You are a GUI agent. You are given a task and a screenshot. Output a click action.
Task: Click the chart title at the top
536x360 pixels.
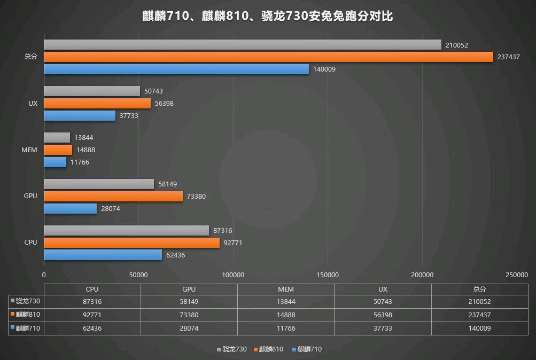tap(268, 17)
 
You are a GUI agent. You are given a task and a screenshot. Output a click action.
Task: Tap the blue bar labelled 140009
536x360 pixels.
tap(176, 69)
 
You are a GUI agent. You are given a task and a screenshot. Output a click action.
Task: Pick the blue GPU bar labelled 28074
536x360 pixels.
tap(70, 209)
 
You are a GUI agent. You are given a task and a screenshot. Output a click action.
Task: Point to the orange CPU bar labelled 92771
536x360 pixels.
tap(131, 243)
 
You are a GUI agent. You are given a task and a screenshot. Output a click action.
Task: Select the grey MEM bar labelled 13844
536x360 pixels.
tap(57, 138)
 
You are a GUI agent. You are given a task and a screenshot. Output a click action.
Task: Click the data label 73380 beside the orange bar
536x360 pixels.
tap(195, 197)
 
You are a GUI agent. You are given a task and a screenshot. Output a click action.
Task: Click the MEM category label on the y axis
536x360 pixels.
tap(29, 150)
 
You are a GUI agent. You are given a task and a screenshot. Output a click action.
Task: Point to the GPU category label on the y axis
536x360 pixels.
tap(30, 196)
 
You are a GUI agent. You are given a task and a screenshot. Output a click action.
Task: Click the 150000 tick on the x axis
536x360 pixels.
tap(328, 275)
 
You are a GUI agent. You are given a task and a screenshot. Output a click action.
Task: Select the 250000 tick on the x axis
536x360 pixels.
tap(517, 275)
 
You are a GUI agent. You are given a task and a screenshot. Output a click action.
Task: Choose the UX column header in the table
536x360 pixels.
tap(383, 289)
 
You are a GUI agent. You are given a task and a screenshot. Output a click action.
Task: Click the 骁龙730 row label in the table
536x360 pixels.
tap(27, 302)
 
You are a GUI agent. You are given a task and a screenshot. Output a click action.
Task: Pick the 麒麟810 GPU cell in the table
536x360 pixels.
tap(189, 315)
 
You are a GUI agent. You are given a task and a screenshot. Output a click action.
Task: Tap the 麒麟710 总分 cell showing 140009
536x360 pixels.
tap(479, 328)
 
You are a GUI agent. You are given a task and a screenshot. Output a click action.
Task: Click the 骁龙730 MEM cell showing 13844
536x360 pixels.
tap(286, 302)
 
